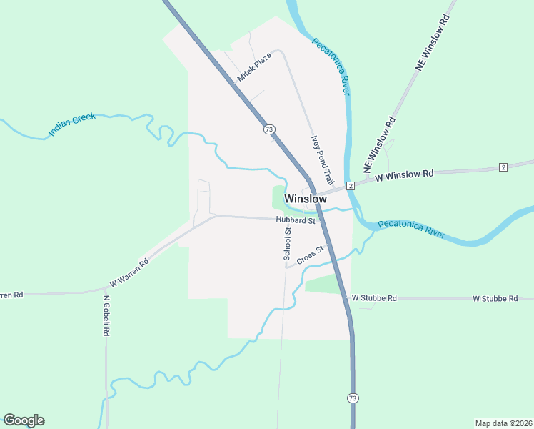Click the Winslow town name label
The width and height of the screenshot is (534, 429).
306,199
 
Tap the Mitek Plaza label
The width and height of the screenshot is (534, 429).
255,66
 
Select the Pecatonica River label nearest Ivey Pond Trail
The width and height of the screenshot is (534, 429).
331,66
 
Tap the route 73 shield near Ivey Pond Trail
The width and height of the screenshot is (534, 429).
268,129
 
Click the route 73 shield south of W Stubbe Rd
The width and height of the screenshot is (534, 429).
353,397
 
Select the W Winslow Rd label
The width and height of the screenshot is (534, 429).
404,174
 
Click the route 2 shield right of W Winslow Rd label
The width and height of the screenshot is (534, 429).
503,167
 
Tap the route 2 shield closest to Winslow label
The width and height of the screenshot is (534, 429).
351,186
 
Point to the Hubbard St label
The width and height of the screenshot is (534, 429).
296,221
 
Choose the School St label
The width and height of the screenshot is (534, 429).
287,242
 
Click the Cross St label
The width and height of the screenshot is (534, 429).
311,255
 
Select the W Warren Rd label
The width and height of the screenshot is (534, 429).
129,273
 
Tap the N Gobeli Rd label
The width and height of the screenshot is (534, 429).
106,317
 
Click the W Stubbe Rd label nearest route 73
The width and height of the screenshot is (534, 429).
374,297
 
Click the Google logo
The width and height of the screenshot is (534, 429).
24,420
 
